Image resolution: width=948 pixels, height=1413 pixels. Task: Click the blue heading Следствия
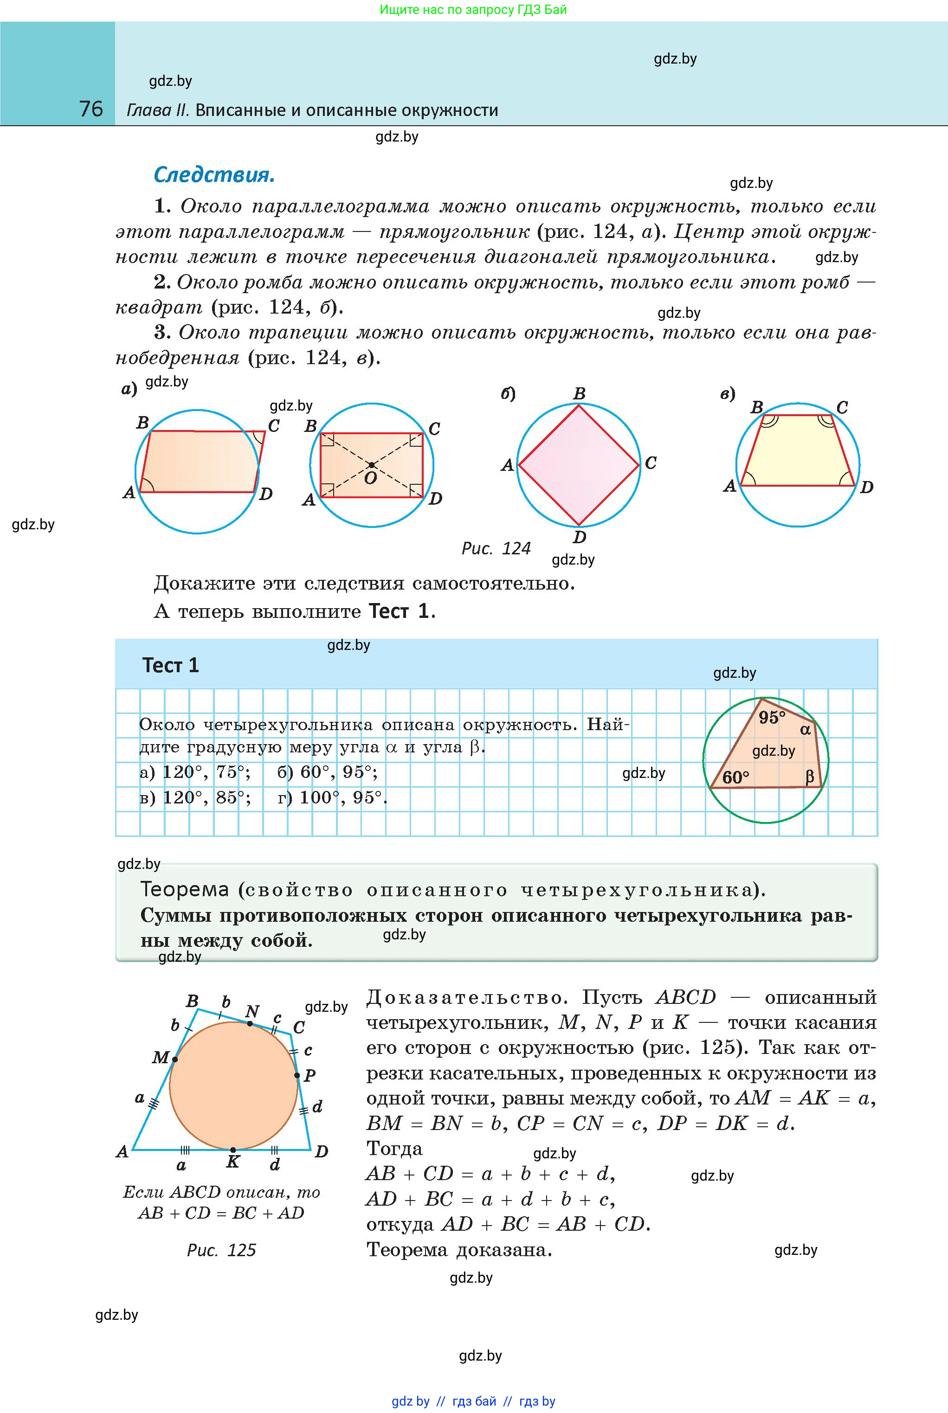pyautogui.click(x=214, y=175)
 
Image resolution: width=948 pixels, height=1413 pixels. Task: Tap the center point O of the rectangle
pyautogui.click(x=371, y=465)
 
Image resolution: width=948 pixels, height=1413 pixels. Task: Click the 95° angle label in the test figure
pyautogui.click(x=772, y=717)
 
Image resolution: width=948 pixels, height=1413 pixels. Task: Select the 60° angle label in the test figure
pyautogui.click(x=735, y=777)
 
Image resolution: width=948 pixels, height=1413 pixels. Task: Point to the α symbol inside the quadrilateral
pyautogui.click(x=806, y=730)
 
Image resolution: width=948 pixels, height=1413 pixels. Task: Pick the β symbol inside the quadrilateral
pyautogui.click(x=810, y=777)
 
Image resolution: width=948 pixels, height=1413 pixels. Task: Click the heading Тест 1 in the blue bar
pyautogui.click(x=170, y=665)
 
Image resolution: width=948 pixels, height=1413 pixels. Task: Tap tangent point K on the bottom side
pyautogui.click(x=233, y=1149)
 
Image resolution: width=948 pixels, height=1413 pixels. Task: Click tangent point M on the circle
pyautogui.click(x=175, y=1060)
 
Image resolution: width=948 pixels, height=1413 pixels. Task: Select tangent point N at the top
pyautogui.click(x=250, y=1023)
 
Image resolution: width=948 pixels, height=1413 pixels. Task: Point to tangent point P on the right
pyautogui.click(x=297, y=1075)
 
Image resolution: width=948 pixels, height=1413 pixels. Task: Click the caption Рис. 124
pyautogui.click(x=496, y=548)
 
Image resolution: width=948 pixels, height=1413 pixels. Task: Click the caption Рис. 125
pyautogui.click(x=221, y=1250)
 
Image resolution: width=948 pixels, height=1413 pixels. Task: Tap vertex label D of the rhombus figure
pyautogui.click(x=579, y=537)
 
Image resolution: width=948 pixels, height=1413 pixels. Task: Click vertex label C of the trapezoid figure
pyautogui.click(x=842, y=407)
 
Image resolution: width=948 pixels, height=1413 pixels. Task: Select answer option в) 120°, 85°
pyautogui.click(x=195, y=798)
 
